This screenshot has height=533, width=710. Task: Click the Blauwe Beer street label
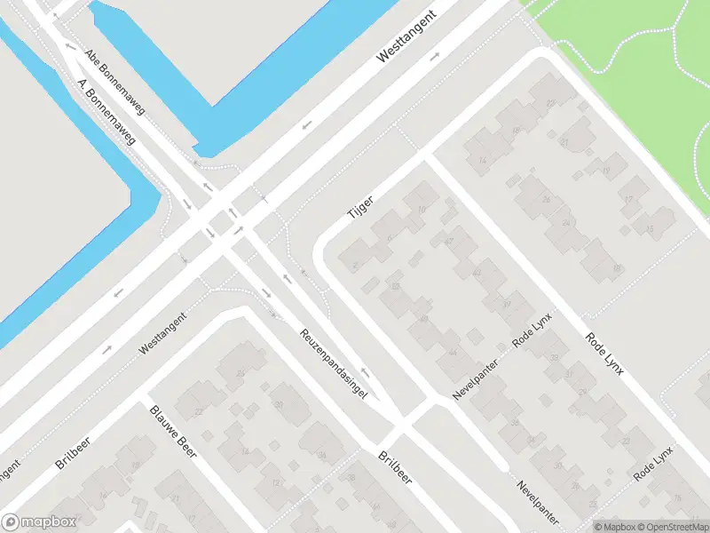tap(173, 431)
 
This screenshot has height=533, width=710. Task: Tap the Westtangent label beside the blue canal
tap(407, 37)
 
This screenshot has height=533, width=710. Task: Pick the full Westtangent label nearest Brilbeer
tap(162, 335)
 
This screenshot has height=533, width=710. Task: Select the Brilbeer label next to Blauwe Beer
tap(74, 452)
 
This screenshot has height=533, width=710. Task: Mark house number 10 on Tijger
tap(421, 210)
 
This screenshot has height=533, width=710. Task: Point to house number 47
tap(449, 241)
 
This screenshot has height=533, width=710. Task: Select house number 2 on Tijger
tap(356, 266)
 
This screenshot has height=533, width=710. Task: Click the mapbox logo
tap(39, 522)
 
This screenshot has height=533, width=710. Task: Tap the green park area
tap(639, 71)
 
